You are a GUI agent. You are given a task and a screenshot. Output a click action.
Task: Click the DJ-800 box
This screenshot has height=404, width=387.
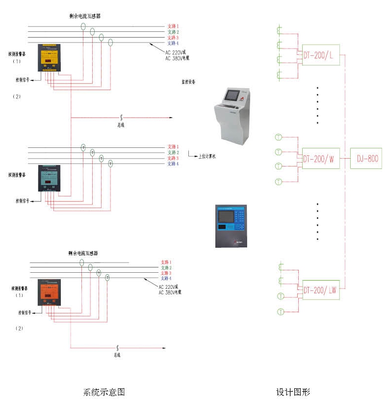point(366,158)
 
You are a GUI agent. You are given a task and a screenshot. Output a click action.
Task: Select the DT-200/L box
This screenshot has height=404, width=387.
point(321,55)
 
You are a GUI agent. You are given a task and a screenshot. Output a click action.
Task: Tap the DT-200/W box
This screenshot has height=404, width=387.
point(321,158)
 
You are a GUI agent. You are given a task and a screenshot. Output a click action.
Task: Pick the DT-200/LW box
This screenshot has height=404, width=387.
point(321,289)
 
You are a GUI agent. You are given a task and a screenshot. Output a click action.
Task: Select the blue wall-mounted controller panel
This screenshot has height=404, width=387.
point(231,226)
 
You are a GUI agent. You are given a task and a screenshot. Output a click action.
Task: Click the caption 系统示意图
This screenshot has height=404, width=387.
point(104,392)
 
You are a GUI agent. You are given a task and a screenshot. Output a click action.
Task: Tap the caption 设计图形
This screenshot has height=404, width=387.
point(293,392)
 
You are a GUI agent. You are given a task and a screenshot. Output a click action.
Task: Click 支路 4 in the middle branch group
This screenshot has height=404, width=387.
point(173,164)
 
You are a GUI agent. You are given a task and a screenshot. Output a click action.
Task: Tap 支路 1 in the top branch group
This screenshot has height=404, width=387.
point(173,25)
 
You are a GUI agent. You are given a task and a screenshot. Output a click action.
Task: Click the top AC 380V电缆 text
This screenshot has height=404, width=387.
point(177,58)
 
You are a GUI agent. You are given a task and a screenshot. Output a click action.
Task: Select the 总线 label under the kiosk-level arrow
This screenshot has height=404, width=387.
point(121,125)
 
